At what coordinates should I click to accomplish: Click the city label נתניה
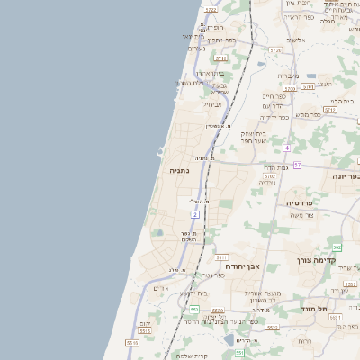click(x=178, y=169)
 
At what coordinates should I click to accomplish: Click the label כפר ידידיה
click(x=274, y=117)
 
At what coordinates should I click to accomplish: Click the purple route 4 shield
click(x=286, y=148)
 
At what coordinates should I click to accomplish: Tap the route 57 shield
click(x=297, y=166)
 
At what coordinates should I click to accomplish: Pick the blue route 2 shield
click(x=194, y=215)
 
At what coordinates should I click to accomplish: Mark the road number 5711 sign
click(x=220, y=58)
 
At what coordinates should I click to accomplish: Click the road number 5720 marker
click(x=290, y=89)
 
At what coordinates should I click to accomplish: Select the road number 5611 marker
click(x=221, y=256)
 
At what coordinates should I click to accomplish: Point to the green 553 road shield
click(x=193, y=309)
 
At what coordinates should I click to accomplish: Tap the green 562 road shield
click(x=337, y=247)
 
